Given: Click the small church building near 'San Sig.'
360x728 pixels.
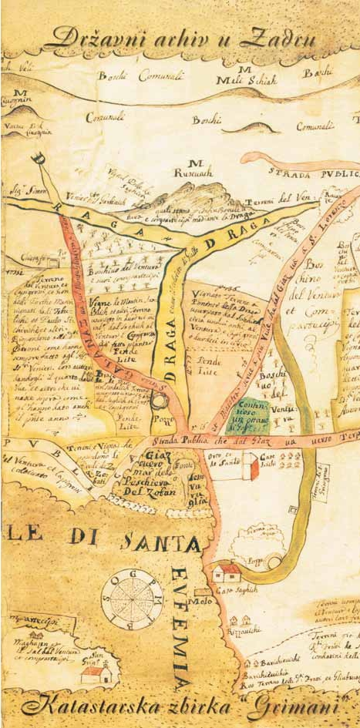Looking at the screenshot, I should tap(97, 675).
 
